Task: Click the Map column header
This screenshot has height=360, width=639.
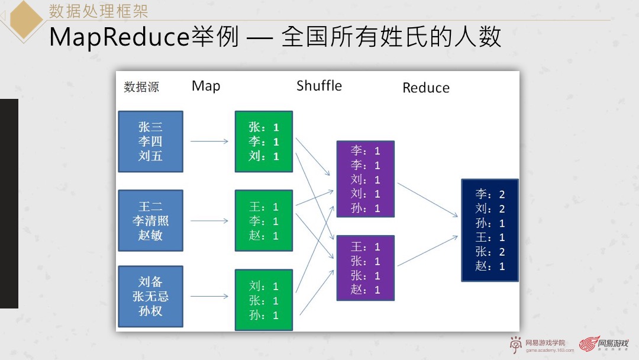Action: click(206, 86)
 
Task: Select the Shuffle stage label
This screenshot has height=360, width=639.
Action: click(319, 86)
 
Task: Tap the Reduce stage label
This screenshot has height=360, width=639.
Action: click(425, 88)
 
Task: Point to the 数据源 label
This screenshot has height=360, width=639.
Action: click(141, 87)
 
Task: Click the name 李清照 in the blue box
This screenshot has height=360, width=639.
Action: click(150, 221)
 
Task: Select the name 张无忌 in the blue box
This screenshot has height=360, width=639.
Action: click(150, 297)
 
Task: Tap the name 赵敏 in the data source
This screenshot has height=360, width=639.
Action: click(150, 235)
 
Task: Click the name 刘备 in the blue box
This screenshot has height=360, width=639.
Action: click(150, 282)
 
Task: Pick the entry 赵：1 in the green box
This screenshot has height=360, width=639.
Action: click(263, 236)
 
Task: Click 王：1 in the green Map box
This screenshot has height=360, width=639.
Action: click(263, 207)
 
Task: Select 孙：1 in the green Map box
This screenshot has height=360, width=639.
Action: click(263, 315)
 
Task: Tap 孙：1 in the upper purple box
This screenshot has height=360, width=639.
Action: click(365, 208)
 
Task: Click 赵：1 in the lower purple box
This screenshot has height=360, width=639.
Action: click(365, 290)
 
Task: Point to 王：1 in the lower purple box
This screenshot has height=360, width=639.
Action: click(365, 247)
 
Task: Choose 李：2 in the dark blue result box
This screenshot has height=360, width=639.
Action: click(490, 194)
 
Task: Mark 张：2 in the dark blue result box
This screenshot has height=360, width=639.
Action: click(490, 252)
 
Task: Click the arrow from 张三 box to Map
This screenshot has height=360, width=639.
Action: click(209, 141)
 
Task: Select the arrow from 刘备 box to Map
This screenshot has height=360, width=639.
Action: click(209, 297)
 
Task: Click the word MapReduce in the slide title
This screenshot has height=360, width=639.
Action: click(118, 37)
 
